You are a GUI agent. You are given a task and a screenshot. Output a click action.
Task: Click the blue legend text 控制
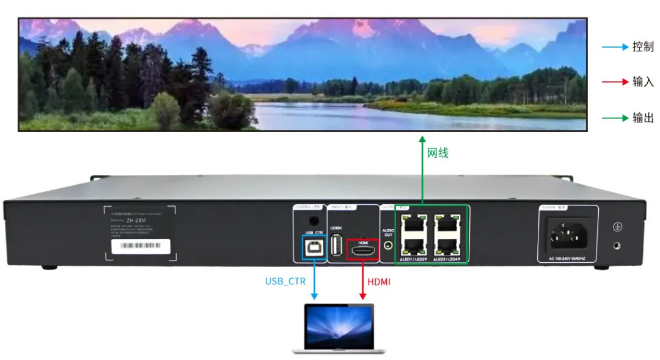tap(643, 47)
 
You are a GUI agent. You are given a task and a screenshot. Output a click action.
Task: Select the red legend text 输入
tap(643, 82)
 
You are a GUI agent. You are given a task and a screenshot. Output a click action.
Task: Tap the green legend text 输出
tap(643, 117)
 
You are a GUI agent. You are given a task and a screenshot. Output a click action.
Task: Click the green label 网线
tap(438, 153)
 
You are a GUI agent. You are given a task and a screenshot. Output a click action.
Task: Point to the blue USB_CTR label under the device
tap(285, 282)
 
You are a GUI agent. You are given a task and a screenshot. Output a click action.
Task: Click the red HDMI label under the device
tap(379, 282)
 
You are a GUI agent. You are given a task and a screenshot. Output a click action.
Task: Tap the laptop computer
tap(339, 328)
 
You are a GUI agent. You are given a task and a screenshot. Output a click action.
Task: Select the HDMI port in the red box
tap(362, 250)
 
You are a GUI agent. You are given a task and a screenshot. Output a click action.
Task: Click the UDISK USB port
tap(335, 245)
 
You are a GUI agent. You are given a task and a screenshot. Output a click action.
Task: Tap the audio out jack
tap(389, 247)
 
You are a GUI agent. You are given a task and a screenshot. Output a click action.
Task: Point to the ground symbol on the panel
tap(617, 227)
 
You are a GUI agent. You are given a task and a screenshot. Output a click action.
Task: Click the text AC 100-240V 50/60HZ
tap(568, 259)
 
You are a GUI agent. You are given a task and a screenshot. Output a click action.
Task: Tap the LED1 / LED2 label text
tap(413, 260)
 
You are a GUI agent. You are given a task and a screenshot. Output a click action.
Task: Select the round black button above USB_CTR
tap(313, 221)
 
